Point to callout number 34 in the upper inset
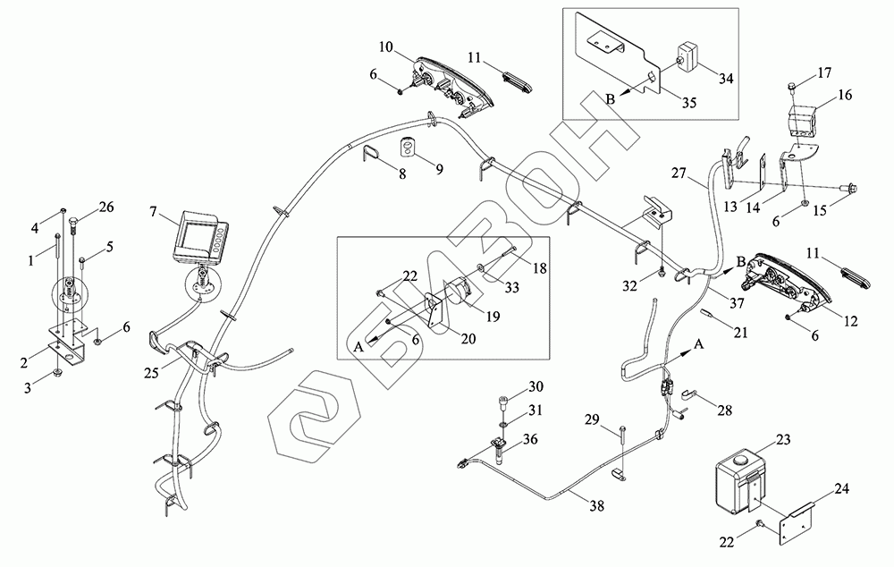(x=725, y=79)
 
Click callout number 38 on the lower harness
(x=596, y=505)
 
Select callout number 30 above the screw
(x=536, y=386)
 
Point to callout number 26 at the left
(x=106, y=208)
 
